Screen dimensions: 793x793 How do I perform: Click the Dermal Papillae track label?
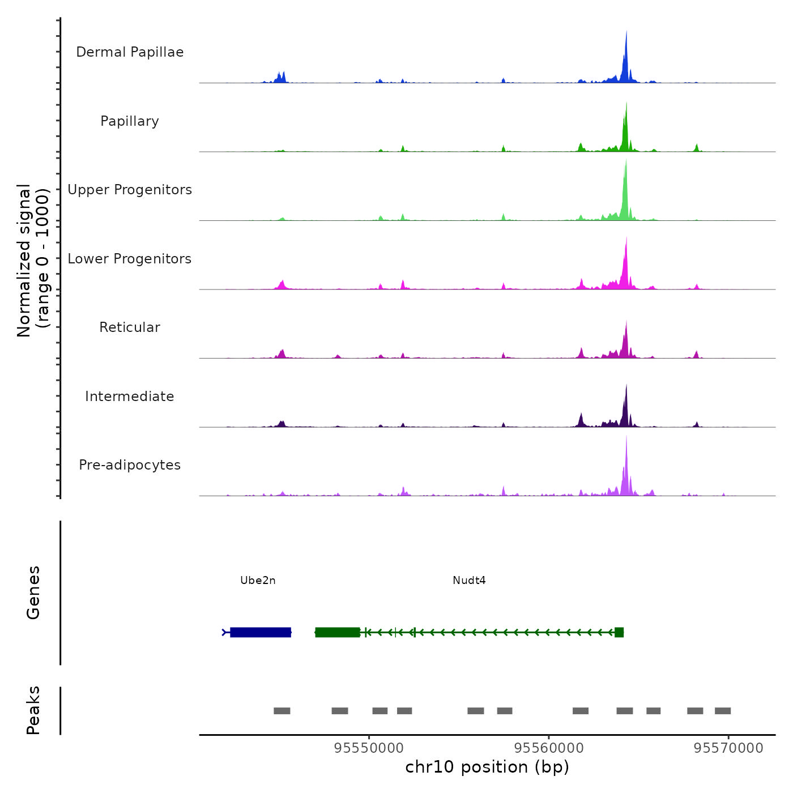click(130, 52)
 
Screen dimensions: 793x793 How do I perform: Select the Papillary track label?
click(130, 121)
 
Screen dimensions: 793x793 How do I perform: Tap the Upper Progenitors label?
click(130, 190)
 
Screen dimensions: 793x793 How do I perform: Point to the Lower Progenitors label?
click(130, 259)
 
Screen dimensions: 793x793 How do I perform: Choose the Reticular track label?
click(130, 327)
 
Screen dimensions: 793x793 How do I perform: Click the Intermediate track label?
click(130, 396)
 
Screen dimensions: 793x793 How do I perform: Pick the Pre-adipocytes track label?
click(130, 465)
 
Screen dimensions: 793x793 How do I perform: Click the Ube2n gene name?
click(258, 581)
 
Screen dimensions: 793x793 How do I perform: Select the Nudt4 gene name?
click(469, 581)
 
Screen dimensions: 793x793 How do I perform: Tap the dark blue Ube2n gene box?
click(261, 632)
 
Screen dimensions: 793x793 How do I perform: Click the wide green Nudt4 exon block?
click(338, 632)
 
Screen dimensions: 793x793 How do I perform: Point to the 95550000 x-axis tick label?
click(369, 748)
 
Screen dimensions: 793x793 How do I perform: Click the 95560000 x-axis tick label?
click(549, 748)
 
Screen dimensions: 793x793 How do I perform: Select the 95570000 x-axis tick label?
click(728, 748)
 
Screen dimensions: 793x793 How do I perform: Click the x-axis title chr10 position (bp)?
click(487, 767)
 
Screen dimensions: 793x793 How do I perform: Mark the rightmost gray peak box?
click(723, 711)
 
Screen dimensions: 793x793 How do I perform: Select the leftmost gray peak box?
click(282, 711)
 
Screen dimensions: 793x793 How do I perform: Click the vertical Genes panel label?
click(33, 592)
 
